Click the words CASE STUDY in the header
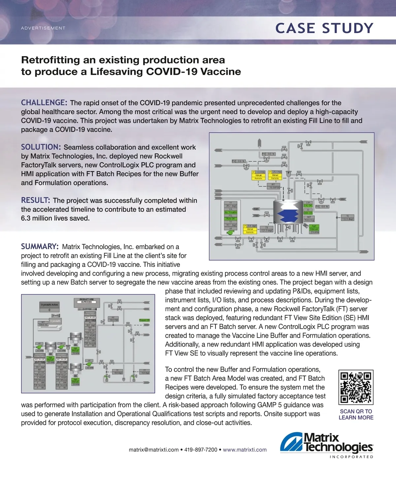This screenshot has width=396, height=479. point(324,28)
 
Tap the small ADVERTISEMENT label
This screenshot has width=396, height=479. point(43,28)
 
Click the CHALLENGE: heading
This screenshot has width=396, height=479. point(44,103)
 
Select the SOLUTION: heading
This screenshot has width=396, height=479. point(41,147)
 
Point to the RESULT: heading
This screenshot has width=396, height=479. point(36,200)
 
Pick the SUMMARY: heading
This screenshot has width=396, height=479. point(40,246)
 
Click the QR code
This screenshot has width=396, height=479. point(356,387)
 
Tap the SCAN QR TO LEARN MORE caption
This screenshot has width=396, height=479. point(356,414)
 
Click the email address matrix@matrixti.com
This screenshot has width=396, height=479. point(153,450)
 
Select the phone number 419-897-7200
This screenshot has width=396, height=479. point(201,450)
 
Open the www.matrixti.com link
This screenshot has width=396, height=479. point(245,450)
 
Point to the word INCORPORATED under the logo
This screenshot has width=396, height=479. point(351,457)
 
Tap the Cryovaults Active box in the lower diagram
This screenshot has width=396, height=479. point(49,305)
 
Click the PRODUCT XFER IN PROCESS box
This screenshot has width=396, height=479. point(87,301)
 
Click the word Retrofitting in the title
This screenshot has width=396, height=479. point(50,60)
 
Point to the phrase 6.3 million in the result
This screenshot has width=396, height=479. point(38,218)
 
